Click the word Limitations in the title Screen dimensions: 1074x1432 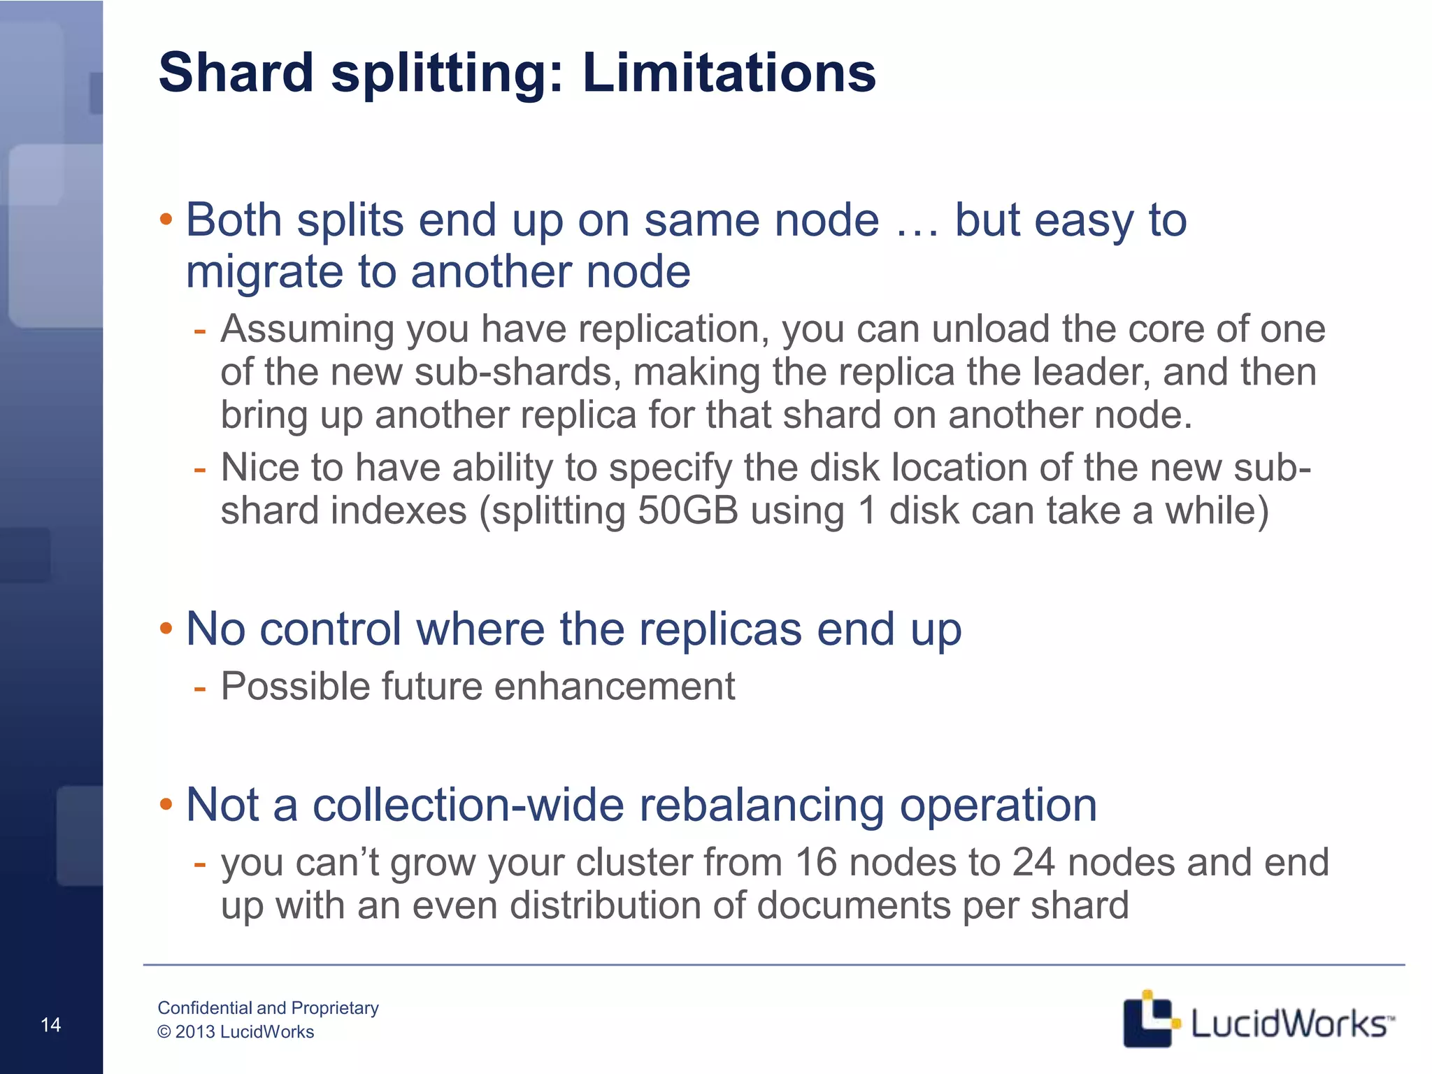(729, 73)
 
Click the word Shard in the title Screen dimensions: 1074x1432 (236, 73)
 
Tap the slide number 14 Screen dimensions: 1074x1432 (51, 1025)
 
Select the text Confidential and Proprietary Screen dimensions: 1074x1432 (268, 1008)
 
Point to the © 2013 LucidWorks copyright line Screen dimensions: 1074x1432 (236, 1032)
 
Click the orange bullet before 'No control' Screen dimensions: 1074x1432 (166, 629)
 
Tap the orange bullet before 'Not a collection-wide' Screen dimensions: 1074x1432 (166, 805)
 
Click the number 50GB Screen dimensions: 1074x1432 (688, 510)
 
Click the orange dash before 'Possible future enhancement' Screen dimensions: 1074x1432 (200, 687)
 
